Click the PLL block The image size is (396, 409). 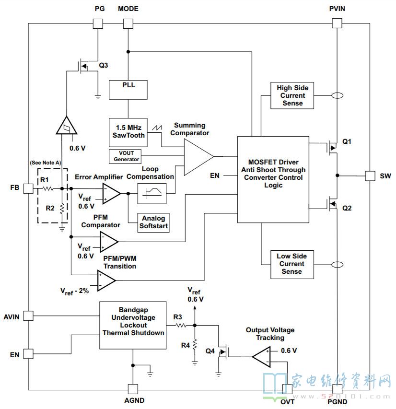[x=128, y=90]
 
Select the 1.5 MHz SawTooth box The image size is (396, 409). [x=128, y=132]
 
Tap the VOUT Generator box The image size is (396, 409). [x=125, y=156]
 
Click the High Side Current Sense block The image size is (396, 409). [x=292, y=95]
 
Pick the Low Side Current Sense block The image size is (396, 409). [x=292, y=265]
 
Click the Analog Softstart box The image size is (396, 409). [x=153, y=222]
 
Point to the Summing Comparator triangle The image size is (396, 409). [x=199, y=157]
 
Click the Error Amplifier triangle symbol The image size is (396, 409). [x=111, y=193]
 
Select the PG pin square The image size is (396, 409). [x=98, y=24]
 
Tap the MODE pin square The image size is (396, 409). [x=128, y=24]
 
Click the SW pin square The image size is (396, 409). [x=370, y=176]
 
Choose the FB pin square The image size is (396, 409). [x=28, y=188]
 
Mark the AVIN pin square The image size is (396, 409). [x=28, y=316]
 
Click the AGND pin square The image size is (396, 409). [x=133, y=389]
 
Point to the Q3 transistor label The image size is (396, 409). [x=103, y=65]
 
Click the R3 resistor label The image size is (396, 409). [x=177, y=317]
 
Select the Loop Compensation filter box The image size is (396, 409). [x=152, y=194]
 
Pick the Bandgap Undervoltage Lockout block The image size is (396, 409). [x=133, y=325]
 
